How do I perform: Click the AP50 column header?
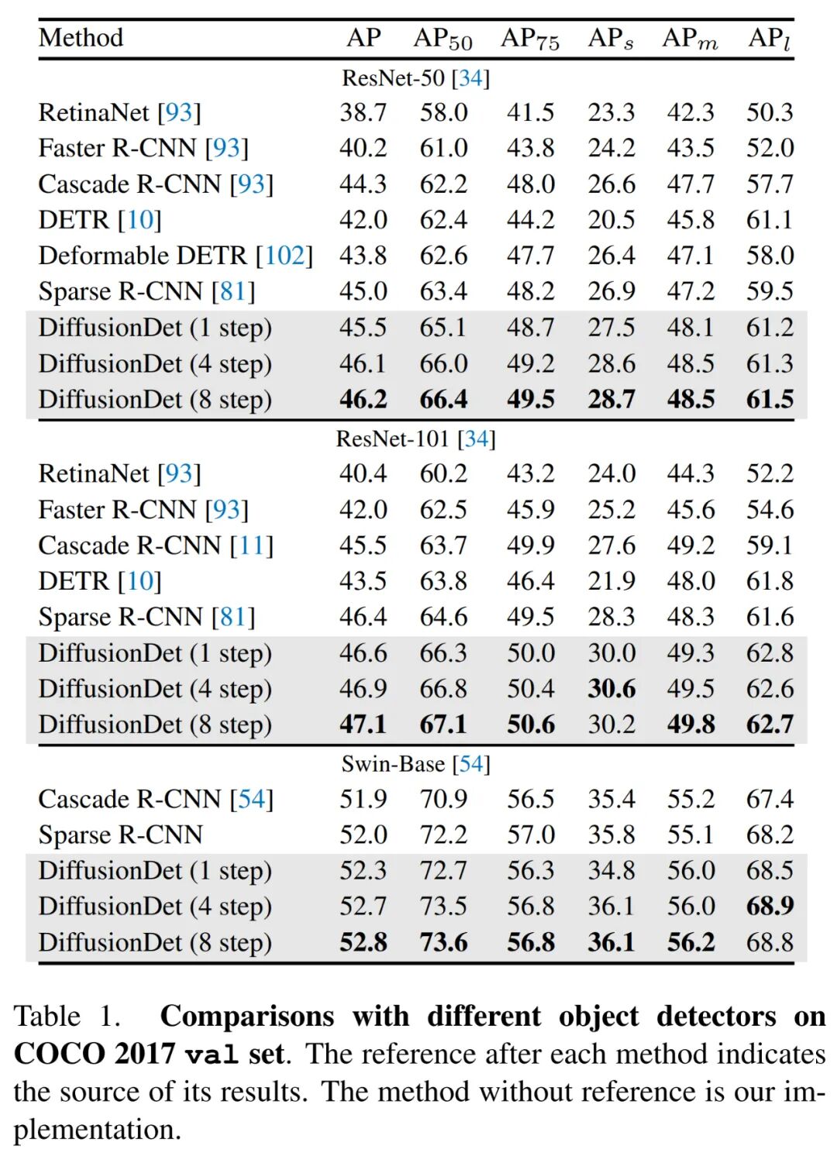click(443, 38)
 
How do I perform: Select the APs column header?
click(610, 38)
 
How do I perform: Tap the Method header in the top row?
click(81, 37)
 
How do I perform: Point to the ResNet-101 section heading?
click(415, 439)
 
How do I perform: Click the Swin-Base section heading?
click(415, 764)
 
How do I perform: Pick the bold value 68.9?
click(770, 906)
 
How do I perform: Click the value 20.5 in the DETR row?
click(611, 220)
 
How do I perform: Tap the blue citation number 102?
click(284, 256)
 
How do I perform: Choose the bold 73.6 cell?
click(443, 942)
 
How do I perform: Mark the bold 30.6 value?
click(611, 689)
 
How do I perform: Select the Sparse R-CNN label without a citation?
click(121, 834)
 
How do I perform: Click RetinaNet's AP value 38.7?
click(363, 112)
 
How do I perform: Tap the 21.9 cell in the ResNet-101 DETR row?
click(611, 581)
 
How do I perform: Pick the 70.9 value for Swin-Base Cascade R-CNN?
click(443, 799)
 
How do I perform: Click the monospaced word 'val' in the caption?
click(211, 1055)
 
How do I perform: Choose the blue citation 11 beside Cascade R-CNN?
click(252, 545)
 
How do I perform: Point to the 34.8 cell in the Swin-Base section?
click(611, 870)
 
